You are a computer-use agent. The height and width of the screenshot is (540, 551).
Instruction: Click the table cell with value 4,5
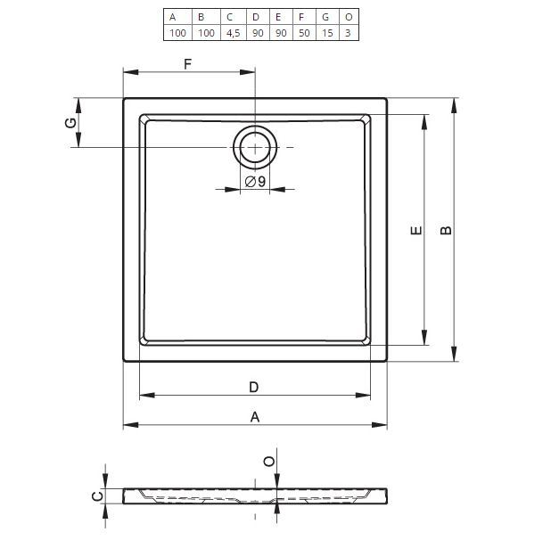(234, 33)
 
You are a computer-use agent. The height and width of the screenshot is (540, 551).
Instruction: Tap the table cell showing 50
(304, 33)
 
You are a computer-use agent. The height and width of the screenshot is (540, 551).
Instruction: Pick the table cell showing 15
(327, 33)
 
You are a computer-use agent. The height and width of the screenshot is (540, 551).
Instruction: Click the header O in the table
(349, 17)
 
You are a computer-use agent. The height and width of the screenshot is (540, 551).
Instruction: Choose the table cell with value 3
(349, 33)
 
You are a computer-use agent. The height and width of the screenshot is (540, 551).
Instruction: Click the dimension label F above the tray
(187, 64)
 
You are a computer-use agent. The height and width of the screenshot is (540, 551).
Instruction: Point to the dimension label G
(71, 123)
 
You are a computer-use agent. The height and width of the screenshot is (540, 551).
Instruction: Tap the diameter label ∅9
(256, 182)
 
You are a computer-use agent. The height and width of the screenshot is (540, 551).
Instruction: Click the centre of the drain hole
(255, 147)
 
